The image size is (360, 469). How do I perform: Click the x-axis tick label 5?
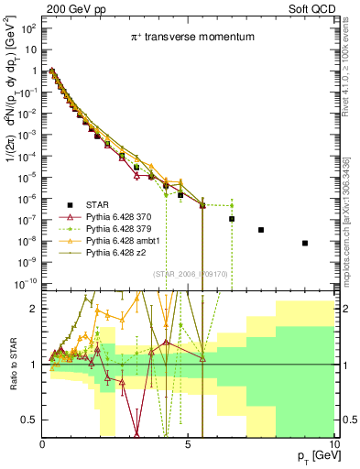(188, 444)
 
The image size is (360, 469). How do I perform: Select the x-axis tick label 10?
(333, 444)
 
